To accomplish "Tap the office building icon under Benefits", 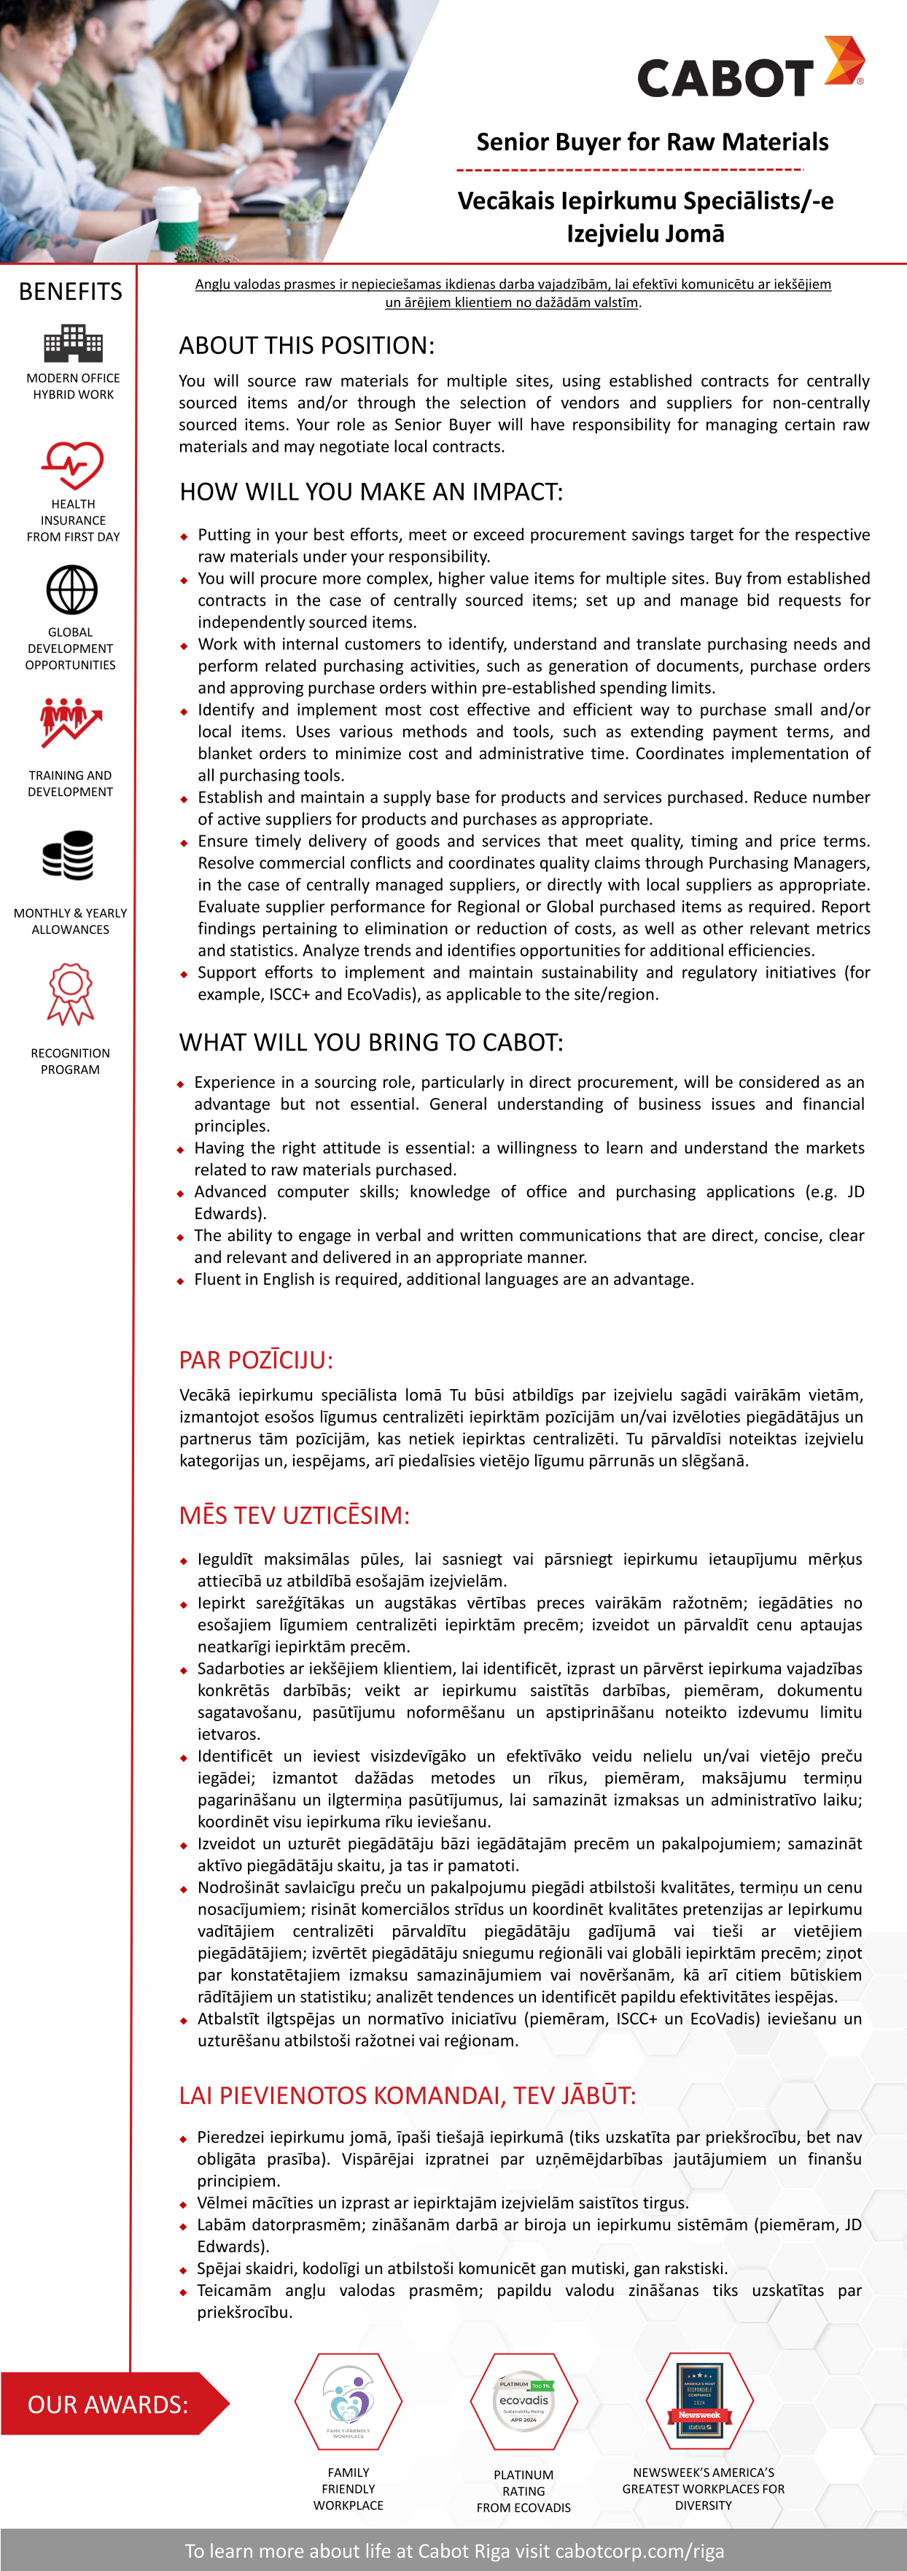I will pyautogui.click(x=73, y=344).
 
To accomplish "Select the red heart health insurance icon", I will pyautogui.click(x=72, y=465).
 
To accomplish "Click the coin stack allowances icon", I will pyautogui.click(x=69, y=855).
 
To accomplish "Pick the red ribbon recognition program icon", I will pyautogui.click(x=70, y=993).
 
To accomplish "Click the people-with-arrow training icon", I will pyautogui.click(x=70, y=722).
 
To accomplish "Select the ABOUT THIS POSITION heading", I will pyautogui.click(x=306, y=345).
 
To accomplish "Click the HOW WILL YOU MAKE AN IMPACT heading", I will pyautogui.click(x=371, y=492).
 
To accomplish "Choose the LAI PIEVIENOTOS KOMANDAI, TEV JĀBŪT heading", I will pyautogui.click(x=407, y=2095).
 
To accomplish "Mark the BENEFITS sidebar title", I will pyautogui.click(x=71, y=291).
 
